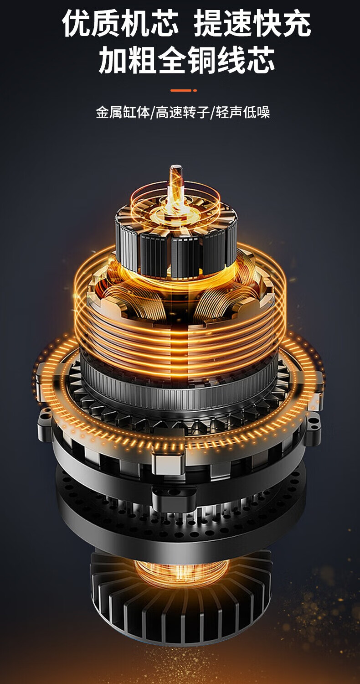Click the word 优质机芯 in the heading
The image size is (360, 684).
click(x=120, y=23)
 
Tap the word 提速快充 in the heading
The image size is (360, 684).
click(x=252, y=23)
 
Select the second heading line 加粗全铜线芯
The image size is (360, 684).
click(x=187, y=60)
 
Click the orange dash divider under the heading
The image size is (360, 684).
click(x=180, y=90)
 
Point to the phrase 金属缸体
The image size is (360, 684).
click(x=123, y=112)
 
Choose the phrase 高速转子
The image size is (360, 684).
click(x=183, y=112)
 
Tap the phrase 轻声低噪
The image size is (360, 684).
click(x=243, y=112)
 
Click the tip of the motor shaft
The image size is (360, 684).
click(x=176, y=168)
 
